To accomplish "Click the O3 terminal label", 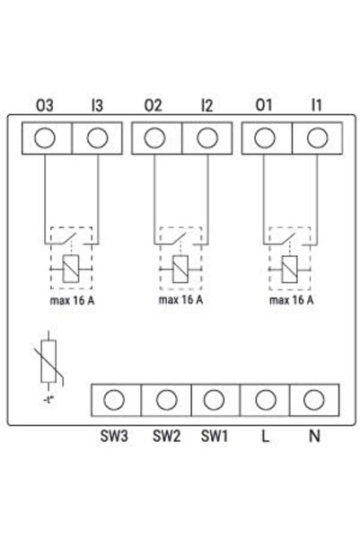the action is pyautogui.click(x=45, y=105).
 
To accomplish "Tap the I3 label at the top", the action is pyautogui.click(x=97, y=105).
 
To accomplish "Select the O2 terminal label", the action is pyautogui.click(x=154, y=105).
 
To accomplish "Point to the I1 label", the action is pyautogui.click(x=316, y=105).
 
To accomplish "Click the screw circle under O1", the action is pyautogui.click(x=265, y=137).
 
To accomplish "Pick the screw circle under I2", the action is pyautogui.click(x=207, y=137).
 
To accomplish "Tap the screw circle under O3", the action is pyautogui.click(x=45, y=137).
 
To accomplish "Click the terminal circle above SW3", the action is pyautogui.click(x=114, y=400).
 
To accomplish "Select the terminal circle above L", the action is pyautogui.click(x=266, y=400).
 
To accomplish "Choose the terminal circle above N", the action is pyautogui.click(x=314, y=400).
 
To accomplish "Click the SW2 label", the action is pyautogui.click(x=167, y=436).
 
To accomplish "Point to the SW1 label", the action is pyautogui.click(x=214, y=436).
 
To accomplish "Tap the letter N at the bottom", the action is pyautogui.click(x=314, y=436).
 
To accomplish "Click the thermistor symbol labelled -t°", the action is pyautogui.click(x=48, y=361).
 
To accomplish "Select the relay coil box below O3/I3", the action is pyautogui.click(x=71, y=269).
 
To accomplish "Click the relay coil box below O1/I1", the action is pyautogui.click(x=289, y=270).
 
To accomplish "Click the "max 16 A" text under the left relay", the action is pyautogui.click(x=72, y=301).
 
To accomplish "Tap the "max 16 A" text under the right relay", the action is pyautogui.click(x=292, y=300).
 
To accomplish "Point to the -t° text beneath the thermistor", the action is pyautogui.click(x=49, y=400).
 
